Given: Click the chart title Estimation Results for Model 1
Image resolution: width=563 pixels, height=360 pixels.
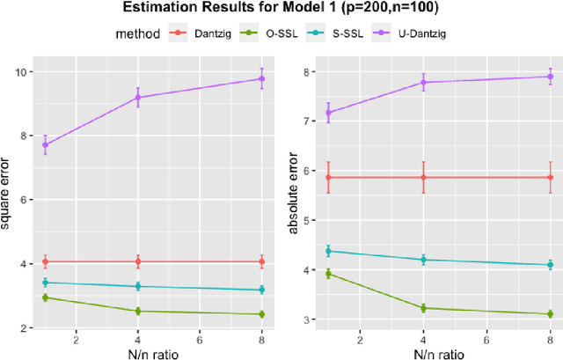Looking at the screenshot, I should [281, 10].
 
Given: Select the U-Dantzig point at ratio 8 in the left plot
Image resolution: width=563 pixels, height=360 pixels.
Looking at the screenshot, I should [261, 78].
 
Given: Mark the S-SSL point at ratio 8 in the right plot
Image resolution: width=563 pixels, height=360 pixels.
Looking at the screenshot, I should [550, 265].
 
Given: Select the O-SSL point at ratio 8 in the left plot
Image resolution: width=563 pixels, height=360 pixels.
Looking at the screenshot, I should [261, 314].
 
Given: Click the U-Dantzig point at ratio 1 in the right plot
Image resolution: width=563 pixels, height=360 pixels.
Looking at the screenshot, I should [329, 112].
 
